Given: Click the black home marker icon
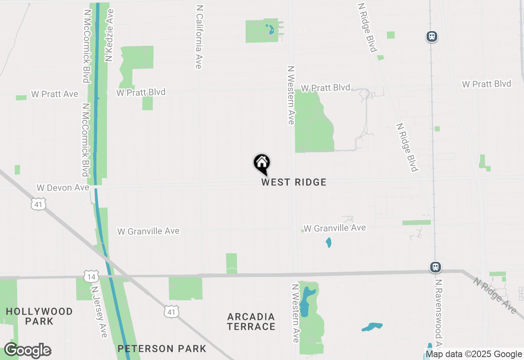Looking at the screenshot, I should pos(262,164).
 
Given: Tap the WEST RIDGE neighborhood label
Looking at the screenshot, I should pos(294,182).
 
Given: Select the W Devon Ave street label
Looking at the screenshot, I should pos(63,188).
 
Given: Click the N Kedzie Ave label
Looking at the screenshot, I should pos(109,36).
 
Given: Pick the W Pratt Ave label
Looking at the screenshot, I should pos(54,94).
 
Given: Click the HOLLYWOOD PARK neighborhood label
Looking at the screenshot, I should pos(39,316).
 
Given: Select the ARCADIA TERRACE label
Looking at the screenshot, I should pos(251,322).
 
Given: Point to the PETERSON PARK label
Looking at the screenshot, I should pos(162,349).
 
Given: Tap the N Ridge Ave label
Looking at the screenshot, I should pos(495,295).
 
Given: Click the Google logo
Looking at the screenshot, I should pos(28,351).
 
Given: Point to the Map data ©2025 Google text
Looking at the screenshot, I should pos(474,354).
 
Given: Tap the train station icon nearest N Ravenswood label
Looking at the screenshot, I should pos(436,268).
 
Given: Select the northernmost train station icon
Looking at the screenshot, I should pos(431,36).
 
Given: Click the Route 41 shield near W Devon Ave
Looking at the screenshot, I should pos(38,204).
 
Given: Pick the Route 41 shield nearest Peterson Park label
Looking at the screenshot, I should pos(171,312).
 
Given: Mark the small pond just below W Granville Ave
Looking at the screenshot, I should pos(328,243).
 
